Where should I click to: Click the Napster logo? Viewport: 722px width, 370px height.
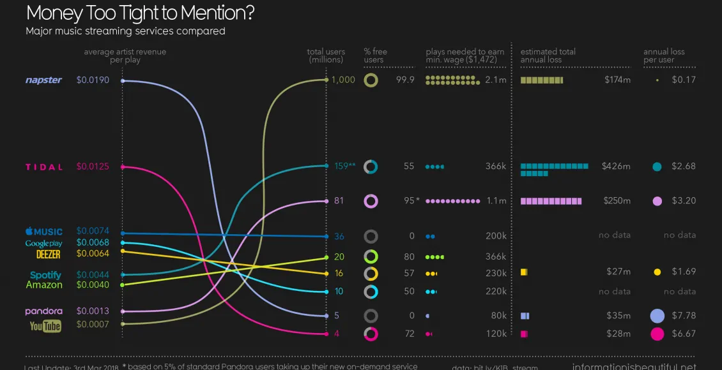point(43,80)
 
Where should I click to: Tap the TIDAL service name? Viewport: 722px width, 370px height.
point(44,167)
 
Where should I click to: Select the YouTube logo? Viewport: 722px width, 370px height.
point(45,326)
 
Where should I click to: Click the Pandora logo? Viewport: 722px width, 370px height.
point(43,311)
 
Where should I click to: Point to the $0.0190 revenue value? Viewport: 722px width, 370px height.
point(93,80)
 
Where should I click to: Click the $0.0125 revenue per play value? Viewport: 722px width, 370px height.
point(93,166)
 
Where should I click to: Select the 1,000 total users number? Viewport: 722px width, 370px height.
point(343,80)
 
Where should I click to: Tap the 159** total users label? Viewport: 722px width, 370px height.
point(344,166)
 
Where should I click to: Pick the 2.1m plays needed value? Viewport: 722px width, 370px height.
point(496,80)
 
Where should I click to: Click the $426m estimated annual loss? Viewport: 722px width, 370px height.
point(616,166)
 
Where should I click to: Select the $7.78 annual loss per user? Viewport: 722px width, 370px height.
point(684,316)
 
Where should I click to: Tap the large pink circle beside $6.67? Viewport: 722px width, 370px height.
point(657,334)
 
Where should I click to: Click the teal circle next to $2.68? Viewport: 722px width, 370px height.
point(657,167)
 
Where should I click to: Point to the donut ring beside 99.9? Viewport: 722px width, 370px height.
point(371,80)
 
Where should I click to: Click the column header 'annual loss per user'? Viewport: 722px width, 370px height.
point(664,56)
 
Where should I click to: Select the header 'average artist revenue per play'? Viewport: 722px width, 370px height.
point(125,56)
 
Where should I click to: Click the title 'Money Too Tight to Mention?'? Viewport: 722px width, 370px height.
point(137,13)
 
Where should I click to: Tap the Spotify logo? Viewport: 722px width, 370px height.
point(45,275)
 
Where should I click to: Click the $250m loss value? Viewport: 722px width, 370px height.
point(617,201)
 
